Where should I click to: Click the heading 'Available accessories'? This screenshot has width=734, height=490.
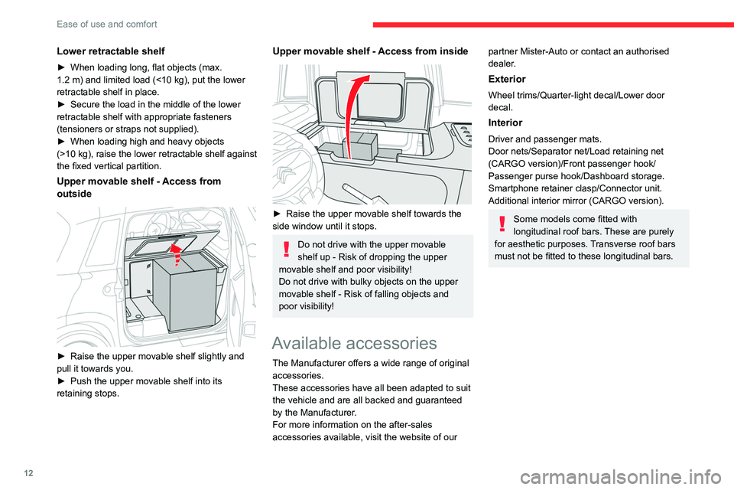tap(354, 342)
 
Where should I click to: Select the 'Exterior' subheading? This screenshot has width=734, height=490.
tap(506, 79)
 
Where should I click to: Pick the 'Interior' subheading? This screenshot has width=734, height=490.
tap(505, 122)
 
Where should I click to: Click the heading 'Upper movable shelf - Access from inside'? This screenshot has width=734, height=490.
tap(369, 51)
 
